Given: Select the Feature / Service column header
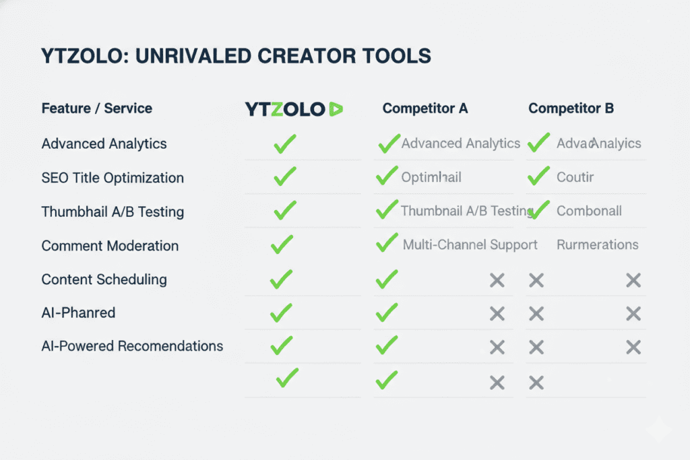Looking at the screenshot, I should click(x=97, y=108).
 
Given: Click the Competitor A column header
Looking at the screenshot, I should click(x=425, y=108).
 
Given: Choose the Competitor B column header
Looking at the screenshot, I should click(x=571, y=108).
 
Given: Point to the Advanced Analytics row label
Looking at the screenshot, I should click(x=104, y=143).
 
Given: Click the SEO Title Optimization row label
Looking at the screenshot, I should click(x=113, y=178).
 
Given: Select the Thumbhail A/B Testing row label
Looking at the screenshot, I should click(x=113, y=211).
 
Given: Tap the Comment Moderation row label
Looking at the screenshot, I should click(x=110, y=246).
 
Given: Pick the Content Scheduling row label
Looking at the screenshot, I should click(x=104, y=280).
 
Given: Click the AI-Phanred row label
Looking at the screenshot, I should click(x=78, y=313).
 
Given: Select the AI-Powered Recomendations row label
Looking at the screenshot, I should click(x=132, y=346).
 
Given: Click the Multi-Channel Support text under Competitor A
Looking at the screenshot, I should click(x=470, y=244).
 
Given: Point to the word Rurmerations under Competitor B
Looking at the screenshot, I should click(x=598, y=244).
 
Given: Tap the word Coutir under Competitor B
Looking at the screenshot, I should click(x=575, y=178).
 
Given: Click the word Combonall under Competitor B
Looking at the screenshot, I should click(x=589, y=211).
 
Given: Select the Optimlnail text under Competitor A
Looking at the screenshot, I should click(x=431, y=178).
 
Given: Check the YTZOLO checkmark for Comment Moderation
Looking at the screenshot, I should click(x=282, y=244).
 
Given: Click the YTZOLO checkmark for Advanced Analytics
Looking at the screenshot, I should click(x=285, y=143).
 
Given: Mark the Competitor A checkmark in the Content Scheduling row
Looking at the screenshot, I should click(x=386, y=279).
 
